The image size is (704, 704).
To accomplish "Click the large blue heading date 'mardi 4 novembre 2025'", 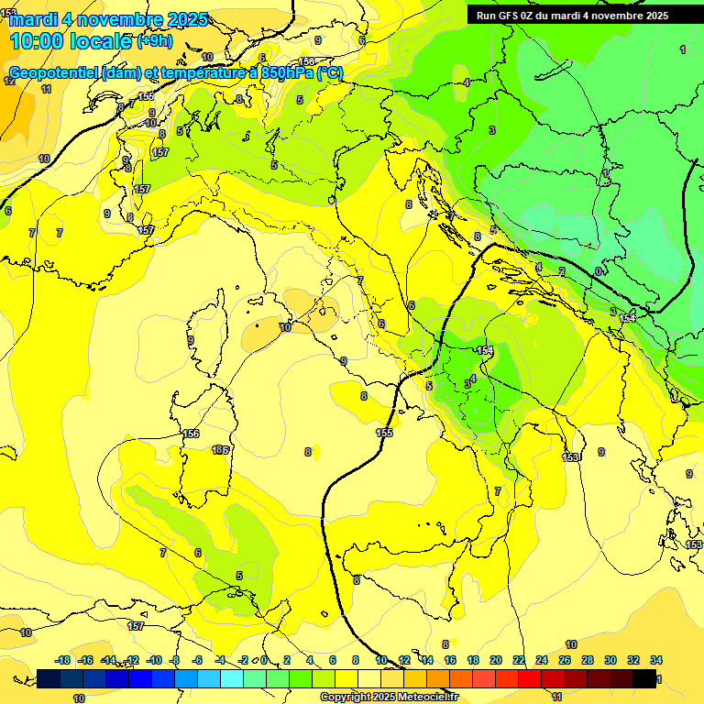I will (108, 19).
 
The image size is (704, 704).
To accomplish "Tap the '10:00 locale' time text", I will (70, 41).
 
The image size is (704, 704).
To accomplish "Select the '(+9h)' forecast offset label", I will (154, 41).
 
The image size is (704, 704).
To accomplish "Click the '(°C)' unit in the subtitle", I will (330, 73).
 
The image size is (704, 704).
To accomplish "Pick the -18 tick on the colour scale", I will (62, 660).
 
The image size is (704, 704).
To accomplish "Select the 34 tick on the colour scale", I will (656, 660).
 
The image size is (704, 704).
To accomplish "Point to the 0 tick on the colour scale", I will (264, 660).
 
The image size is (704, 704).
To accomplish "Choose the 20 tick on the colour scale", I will (496, 660).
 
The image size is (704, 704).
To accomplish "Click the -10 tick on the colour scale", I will (154, 660).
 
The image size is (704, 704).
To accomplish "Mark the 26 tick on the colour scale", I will (565, 660).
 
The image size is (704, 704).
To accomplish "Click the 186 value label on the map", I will (220, 450).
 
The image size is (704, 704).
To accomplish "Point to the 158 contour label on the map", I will (307, 62).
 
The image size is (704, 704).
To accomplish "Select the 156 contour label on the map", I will (191, 434).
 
